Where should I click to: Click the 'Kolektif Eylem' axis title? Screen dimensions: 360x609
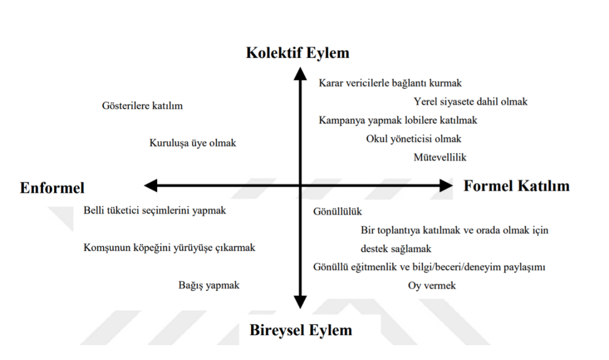tap(297, 53)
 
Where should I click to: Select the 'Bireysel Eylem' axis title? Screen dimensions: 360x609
tap(301, 330)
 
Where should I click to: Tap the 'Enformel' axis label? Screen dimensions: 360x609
tap(52, 187)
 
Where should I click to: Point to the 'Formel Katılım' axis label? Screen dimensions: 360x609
tap(516, 186)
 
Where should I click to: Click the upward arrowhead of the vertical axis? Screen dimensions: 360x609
tap(301, 74)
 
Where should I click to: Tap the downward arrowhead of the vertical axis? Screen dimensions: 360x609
tap(301, 302)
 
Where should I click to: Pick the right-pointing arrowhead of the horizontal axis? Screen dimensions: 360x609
tap(446, 186)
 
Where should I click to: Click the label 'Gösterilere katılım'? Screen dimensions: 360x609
tap(142, 106)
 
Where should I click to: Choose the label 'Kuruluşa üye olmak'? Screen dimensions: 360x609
tap(193, 143)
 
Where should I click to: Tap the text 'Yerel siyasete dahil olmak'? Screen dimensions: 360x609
tap(470, 102)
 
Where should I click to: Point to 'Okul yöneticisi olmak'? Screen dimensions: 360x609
tap(413, 139)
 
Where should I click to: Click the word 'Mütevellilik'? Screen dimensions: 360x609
tap(440, 157)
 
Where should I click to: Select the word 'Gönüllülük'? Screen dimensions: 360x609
tap(337, 211)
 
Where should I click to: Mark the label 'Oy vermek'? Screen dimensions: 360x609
tap(432, 286)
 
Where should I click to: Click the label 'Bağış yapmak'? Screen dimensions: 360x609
tap(209, 285)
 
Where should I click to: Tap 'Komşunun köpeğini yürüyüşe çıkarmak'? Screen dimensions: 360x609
tap(169, 248)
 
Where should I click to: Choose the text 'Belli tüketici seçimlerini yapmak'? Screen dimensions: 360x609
tap(155, 210)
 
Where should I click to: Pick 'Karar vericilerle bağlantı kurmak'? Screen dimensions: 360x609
tap(390, 83)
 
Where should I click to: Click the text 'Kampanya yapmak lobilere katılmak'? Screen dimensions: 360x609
tap(398, 120)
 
